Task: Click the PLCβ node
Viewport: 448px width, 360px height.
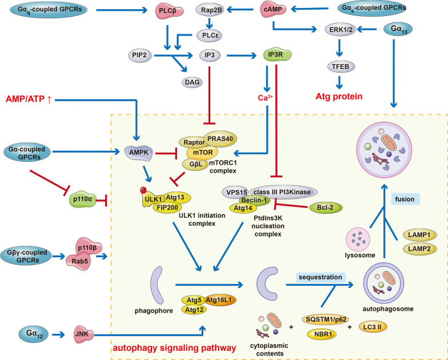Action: click(166, 11)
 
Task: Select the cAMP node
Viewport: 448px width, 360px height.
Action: click(273, 9)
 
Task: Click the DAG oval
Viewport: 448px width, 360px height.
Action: click(192, 82)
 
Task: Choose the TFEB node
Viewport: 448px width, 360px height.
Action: click(341, 66)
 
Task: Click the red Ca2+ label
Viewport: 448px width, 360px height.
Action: click(265, 98)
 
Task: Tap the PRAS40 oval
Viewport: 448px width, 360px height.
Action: click(221, 139)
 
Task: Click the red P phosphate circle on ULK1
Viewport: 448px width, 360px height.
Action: click(143, 190)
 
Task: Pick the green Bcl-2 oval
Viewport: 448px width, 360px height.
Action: click(326, 208)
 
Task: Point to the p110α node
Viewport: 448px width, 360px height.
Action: click(82, 199)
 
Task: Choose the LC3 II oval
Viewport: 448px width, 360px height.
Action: click(371, 327)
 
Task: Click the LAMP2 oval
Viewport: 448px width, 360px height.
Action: click(419, 249)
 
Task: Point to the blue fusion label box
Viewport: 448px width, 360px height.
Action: click(405, 199)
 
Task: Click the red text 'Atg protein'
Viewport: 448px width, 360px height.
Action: click(339, 97)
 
